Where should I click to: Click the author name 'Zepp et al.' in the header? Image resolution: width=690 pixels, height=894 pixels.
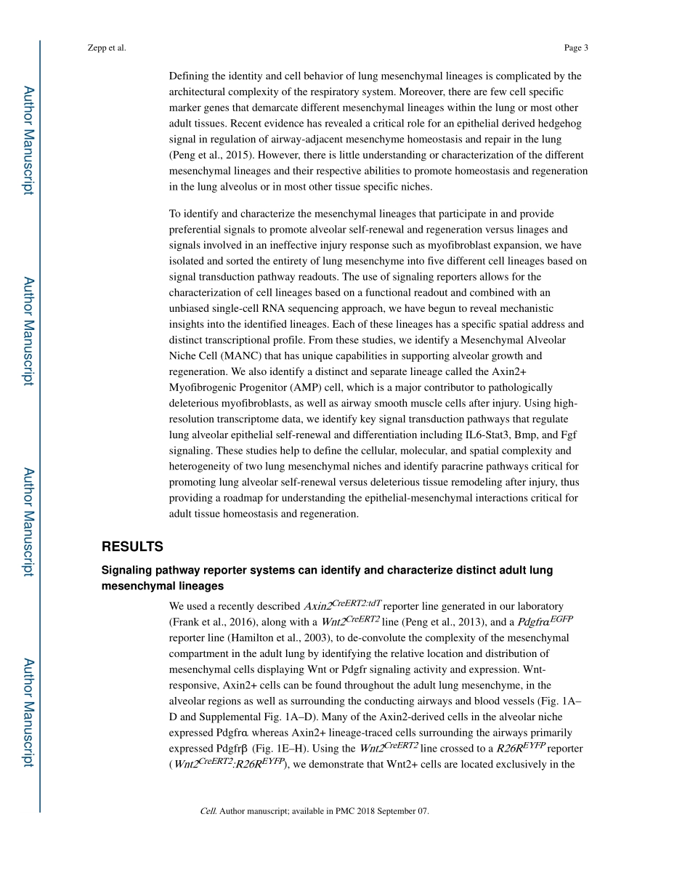click(106, 48)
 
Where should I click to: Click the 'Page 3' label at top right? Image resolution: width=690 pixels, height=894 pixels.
click(576, 48)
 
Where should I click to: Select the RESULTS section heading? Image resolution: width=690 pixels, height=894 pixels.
click(132, 547)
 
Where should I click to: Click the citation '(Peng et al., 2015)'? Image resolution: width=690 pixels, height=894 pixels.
click(210, 155)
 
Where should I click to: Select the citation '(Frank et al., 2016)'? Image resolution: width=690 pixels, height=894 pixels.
click(211, 621)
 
